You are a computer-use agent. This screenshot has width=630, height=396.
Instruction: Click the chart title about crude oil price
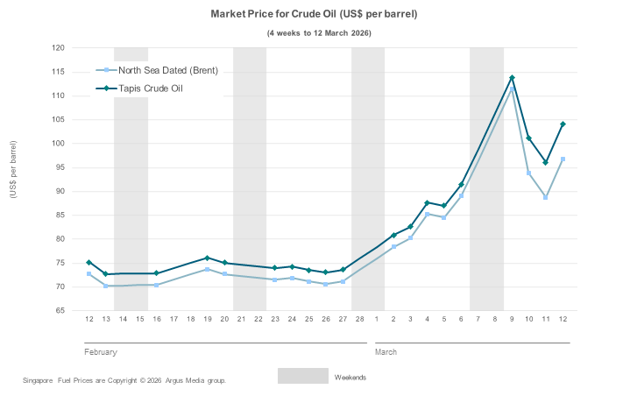pos(314,15)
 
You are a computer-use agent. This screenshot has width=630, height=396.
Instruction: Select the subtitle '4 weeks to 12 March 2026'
pos(319,33)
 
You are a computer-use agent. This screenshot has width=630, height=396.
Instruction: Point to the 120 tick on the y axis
pos(58,48)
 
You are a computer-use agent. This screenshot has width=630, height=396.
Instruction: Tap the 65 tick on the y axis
pos(60,311)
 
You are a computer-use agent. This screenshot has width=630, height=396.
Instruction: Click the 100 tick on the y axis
pos(58,144)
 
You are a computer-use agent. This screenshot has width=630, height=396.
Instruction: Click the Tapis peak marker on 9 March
pos(512,78)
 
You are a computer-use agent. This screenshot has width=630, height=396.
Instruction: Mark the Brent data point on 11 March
pos(545,197)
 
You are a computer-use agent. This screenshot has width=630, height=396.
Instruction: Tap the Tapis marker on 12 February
pos(88,262)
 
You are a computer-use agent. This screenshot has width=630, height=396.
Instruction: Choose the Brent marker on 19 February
pos(207,269)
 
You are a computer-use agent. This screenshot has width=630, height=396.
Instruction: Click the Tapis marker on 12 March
pos(563,124)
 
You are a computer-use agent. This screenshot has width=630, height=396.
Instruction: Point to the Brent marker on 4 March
pos(427,214)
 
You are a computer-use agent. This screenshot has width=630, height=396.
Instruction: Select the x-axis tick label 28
pos(359,319)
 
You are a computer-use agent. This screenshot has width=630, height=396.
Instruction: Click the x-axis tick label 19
pos(207,319)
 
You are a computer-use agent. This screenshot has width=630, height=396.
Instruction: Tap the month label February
pos(101,352)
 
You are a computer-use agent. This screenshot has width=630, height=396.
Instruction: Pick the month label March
pos(386,352)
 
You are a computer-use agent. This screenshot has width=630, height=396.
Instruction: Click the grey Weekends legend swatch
pos(302,376)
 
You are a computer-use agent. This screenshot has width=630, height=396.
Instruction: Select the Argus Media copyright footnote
pos(124,380)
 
